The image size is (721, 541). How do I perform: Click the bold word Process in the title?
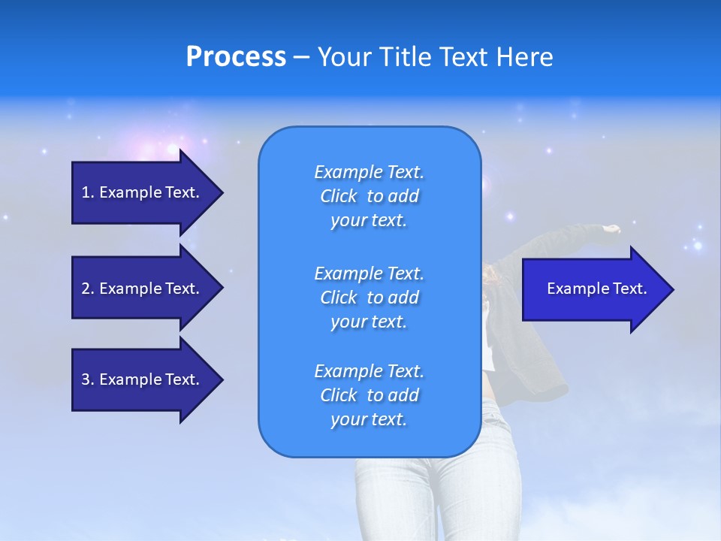point(236,57)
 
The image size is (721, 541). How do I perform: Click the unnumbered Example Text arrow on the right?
point(597,289)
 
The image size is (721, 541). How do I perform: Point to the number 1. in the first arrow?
point(88,192)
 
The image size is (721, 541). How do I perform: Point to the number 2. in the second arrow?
point(88,289)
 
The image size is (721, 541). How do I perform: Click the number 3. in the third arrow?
point(88,379)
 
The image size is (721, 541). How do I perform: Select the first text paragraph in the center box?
point(369,196)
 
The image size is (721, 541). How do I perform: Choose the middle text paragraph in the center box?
point(369,298)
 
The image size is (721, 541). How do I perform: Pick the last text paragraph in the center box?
point(369,395)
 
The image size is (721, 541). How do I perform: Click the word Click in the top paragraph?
point(338,196)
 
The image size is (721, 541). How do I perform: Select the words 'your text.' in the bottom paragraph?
point(369,420)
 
